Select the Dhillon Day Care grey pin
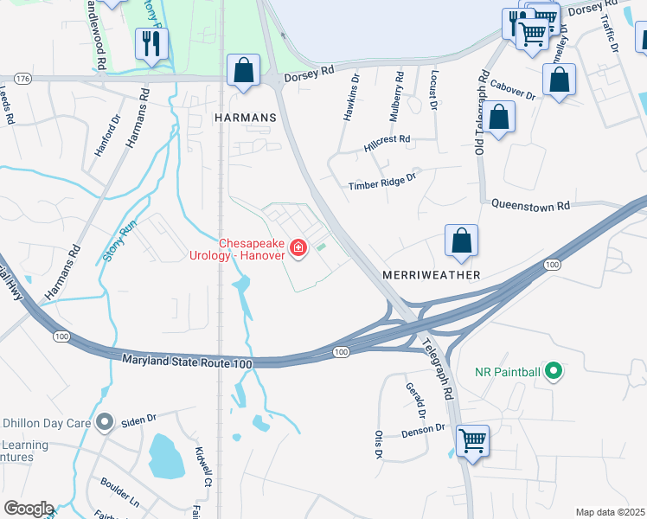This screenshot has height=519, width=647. [x=106, y=423]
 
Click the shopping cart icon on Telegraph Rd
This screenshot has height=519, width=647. [x=472, y=440]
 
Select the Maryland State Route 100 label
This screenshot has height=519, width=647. [x=187, y=361]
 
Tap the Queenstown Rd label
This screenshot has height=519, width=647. [x=531, y=206]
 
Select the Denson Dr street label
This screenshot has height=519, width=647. [x=422, y=429]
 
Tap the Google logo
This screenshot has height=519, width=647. [x=29, y=509]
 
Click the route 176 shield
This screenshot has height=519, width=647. [x=22, y=79]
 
